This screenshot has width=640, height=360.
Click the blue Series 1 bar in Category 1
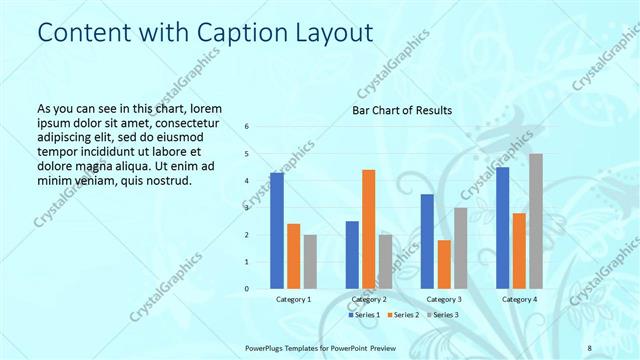click(x=277, y=231)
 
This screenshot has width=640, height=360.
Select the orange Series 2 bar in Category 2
click(x=368, y=229)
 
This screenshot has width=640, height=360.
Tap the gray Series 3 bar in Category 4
click(x=536, y=221)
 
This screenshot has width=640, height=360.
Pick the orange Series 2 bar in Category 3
click(x=444, y=264)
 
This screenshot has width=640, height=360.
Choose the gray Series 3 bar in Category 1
click(x=310, y=262)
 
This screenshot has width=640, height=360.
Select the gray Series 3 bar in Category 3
click(x=460, y=248)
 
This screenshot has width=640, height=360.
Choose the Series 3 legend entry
click(x=444, y=315)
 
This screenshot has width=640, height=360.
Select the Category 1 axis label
click(x=293, y=299)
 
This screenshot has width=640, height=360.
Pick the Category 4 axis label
click(x=519, y=299)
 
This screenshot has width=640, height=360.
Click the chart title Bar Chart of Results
click(x=402, y=110)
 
